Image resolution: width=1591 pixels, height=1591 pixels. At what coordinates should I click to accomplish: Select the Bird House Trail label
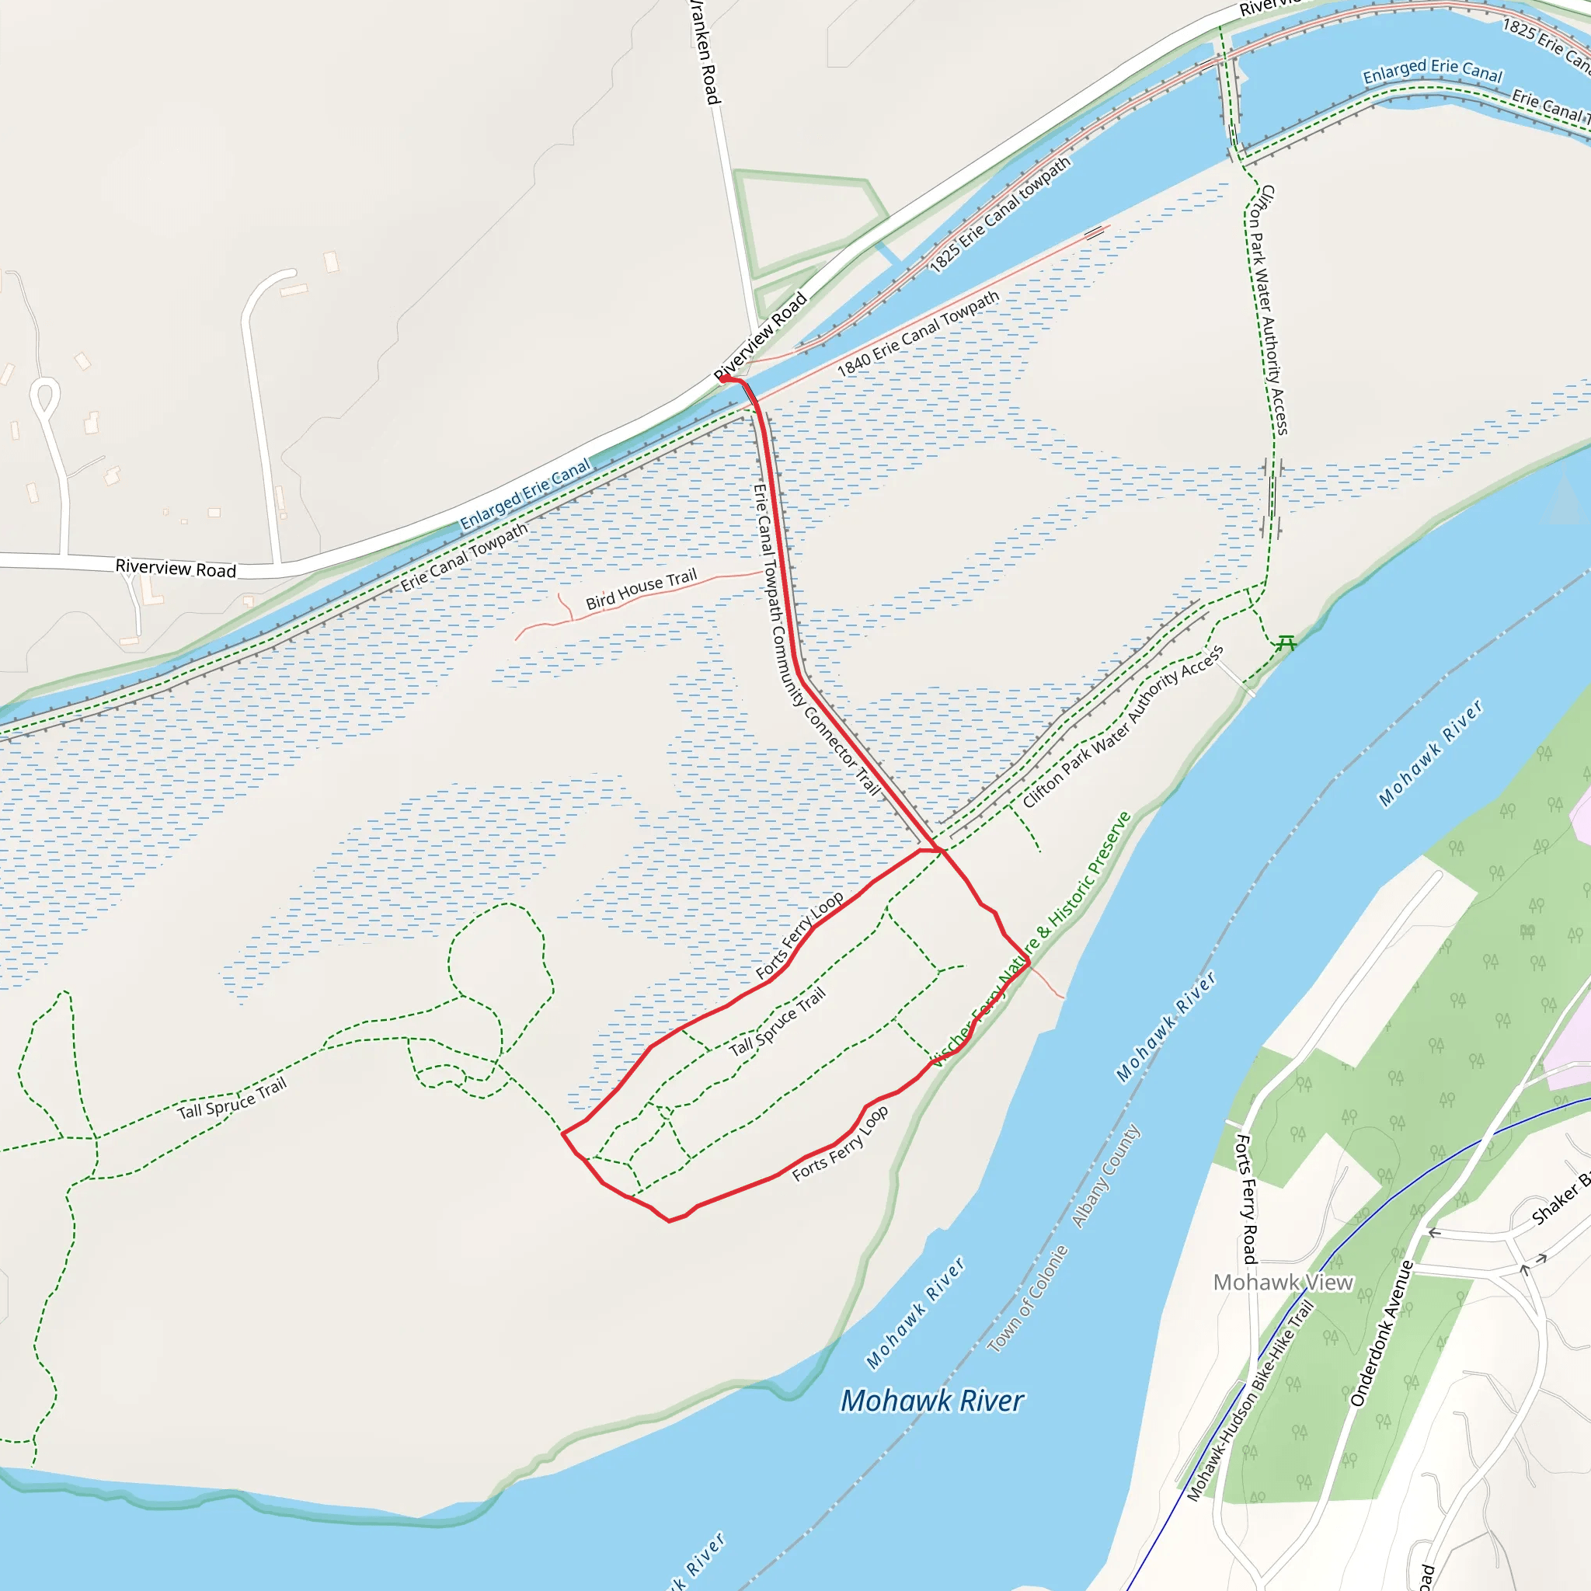[641, 590]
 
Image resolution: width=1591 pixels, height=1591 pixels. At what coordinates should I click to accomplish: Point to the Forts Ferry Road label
[1246, 1198]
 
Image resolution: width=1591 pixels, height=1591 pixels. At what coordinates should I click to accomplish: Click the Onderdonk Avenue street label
[1383, 1333]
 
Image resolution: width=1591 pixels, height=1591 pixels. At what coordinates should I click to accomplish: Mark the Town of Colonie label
[1028, 1299]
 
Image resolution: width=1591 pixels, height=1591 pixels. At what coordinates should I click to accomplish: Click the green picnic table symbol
[1286, 643]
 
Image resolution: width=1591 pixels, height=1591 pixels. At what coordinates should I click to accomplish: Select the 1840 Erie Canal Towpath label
[917, 333]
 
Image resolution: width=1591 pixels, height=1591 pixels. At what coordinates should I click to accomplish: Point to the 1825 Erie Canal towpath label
[1000, 214]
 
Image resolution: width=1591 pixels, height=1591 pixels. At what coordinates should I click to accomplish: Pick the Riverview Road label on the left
[176, 568]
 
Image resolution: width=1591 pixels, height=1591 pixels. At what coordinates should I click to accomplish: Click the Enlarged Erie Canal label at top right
[1432, 71]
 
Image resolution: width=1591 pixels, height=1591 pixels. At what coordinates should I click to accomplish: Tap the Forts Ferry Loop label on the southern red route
[840, 1144]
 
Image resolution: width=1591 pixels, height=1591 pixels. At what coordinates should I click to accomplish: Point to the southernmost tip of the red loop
[669, 1220]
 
